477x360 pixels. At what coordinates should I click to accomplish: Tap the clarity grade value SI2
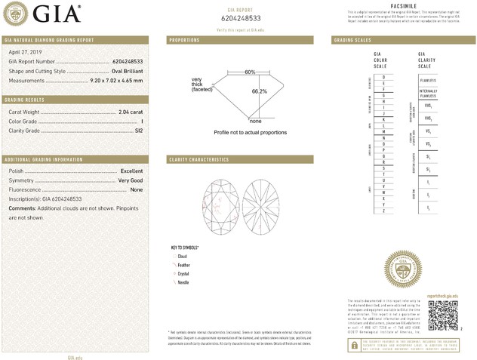point(137,131)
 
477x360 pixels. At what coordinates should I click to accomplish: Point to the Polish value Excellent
point(131,171)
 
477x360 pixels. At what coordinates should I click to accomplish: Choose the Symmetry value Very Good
point(130,181)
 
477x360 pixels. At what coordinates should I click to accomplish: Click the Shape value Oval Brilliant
point(124,70)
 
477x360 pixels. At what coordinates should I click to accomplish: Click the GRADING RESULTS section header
point(27,100)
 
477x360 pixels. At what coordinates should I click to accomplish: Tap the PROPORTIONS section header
point(185,39)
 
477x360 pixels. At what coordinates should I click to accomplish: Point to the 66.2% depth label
point(259,91)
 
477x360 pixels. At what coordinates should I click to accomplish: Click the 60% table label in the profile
point(250,72)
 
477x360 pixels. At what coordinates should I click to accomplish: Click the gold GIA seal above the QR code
point(401,269)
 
